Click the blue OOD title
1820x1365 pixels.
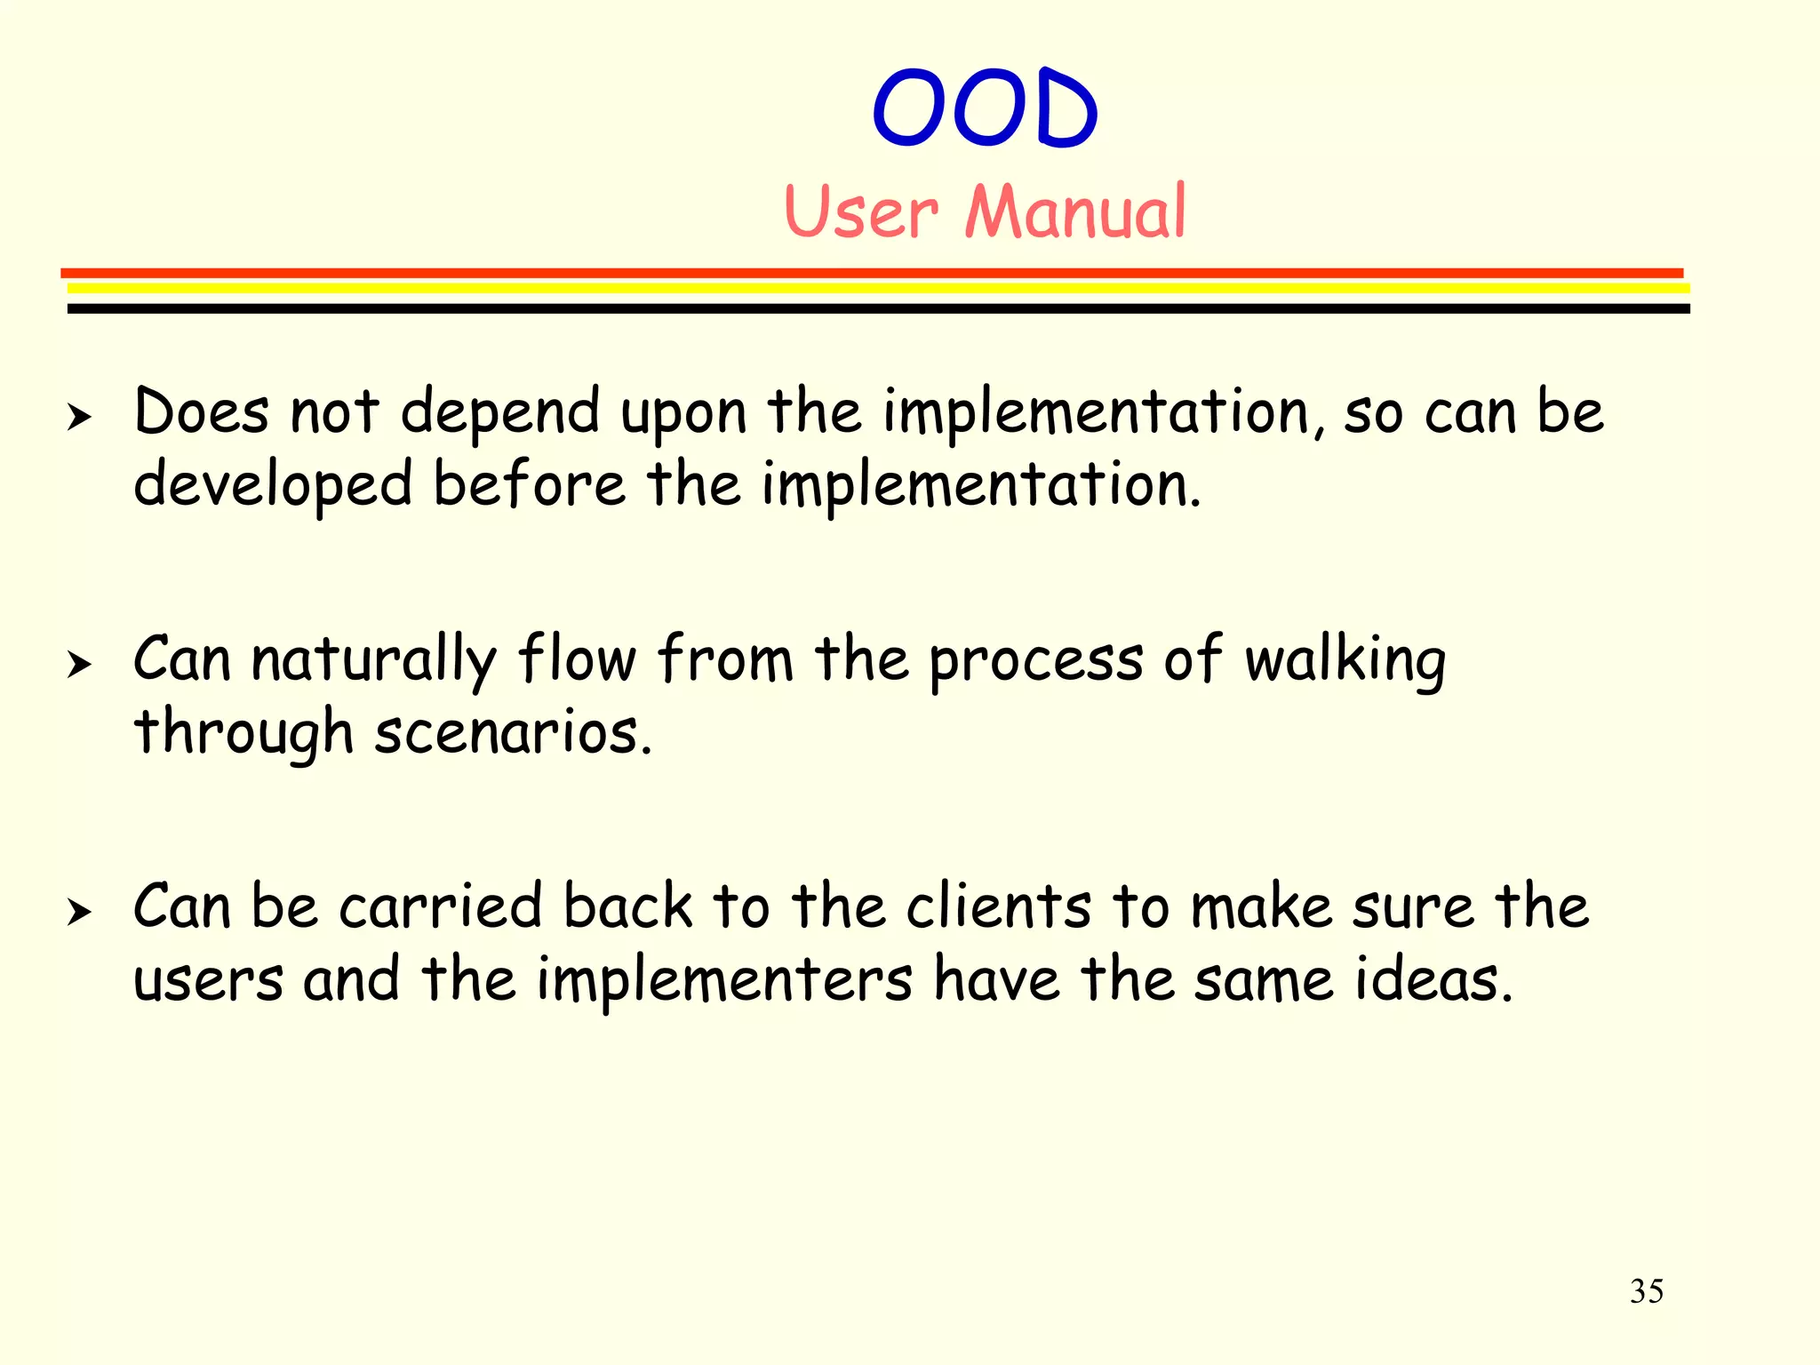(985, 108)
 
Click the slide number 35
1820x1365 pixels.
(1646, 1291)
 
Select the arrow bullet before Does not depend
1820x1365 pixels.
(79, 416)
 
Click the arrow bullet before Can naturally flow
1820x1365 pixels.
(79, 664)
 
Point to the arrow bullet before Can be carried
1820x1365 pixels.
(79, 911)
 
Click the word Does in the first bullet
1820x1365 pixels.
(201, 412)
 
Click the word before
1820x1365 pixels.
(530, 485)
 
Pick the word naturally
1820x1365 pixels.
(373, 662)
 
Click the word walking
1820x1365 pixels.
(1345, 662)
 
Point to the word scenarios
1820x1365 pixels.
(513, 734)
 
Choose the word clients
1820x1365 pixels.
(999, 907)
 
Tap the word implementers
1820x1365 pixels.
(724, 981)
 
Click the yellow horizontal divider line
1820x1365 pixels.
(878, 288)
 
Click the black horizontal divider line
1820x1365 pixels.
(878, 308)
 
